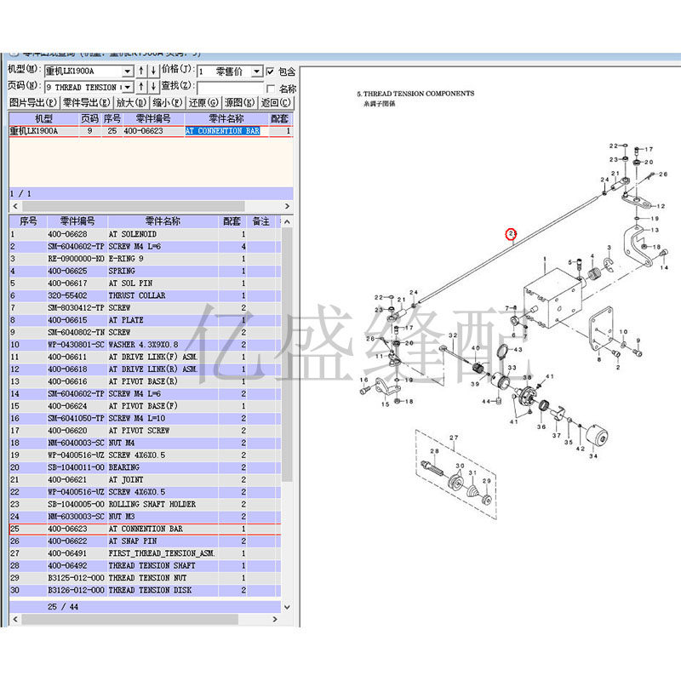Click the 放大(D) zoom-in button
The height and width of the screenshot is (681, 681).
pos(130,103)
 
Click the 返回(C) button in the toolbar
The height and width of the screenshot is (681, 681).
pos(276,103)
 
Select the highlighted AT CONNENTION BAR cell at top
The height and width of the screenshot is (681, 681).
pos(222,132)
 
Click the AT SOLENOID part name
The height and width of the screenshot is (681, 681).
pos(132,234)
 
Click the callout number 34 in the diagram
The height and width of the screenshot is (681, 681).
pos(593,456)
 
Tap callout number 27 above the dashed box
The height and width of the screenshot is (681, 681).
pos(454,438)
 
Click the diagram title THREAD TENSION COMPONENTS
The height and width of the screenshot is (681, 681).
pos(415,94)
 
